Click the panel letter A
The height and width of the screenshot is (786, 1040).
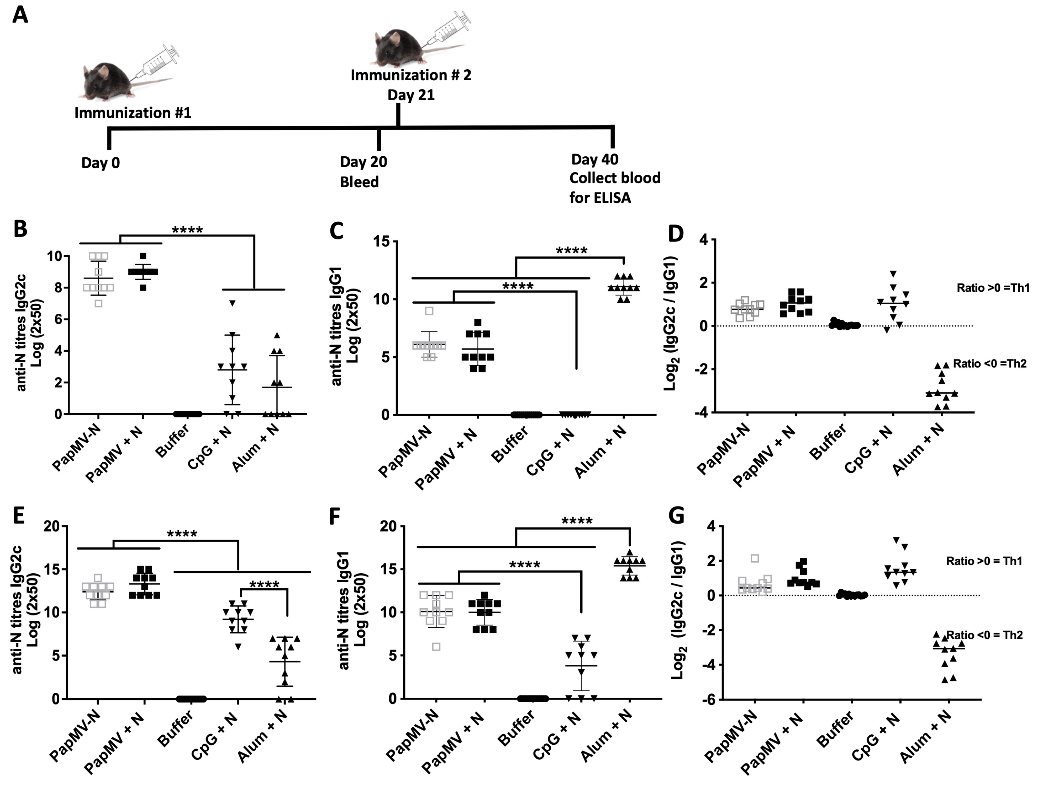click(20, 15)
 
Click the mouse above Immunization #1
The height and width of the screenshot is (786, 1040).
click(105, 81)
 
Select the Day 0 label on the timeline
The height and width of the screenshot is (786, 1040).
click(101, 163)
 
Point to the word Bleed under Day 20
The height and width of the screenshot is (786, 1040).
click(359, 182)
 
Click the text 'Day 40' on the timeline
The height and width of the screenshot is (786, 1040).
click(595, 159)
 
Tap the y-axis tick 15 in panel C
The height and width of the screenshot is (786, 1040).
click(382, 242)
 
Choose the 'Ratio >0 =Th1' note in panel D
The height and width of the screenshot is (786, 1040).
click(993, 288)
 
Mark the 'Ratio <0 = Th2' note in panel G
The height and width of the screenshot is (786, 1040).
click(985, 635)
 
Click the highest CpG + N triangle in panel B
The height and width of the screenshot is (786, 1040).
click(232, 303)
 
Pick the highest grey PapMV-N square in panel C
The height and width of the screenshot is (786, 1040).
click(429, 310)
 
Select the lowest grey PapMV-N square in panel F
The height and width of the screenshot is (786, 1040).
click(436, 647)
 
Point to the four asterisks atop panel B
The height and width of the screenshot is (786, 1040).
click(187, 230)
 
